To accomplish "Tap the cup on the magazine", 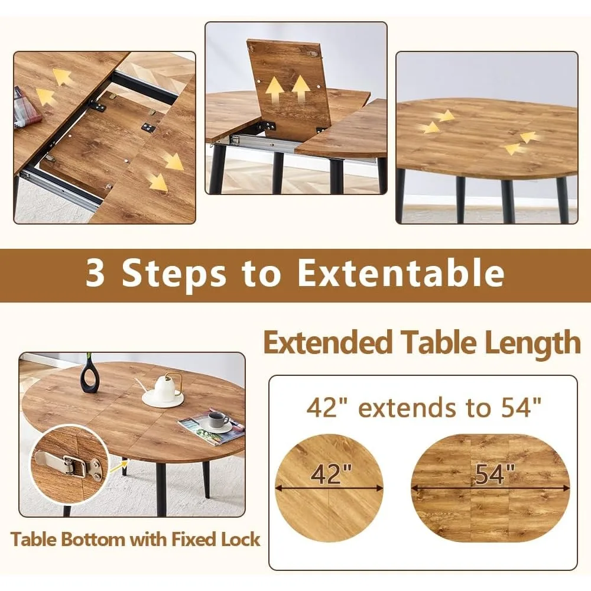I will point(218,420).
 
